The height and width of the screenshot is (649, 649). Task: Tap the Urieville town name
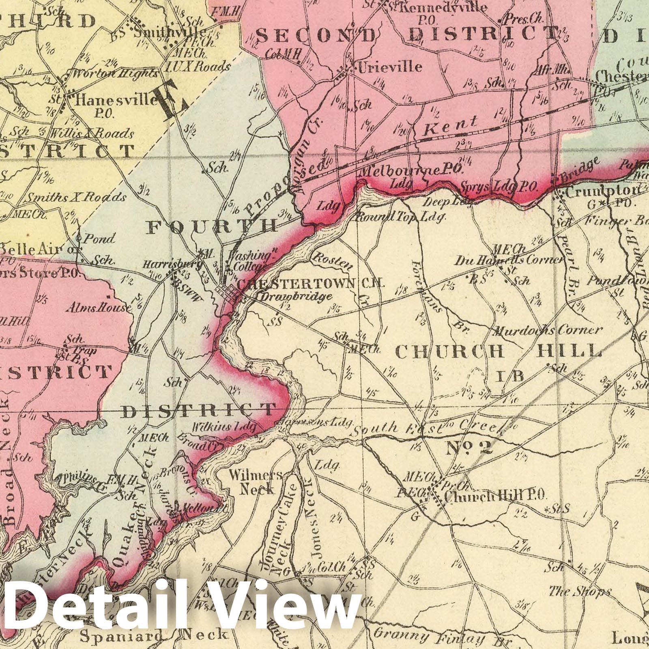tap(389, 66)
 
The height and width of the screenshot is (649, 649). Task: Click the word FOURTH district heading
tap(213, 226)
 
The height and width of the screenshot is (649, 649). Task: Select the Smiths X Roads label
tap(75, 198)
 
